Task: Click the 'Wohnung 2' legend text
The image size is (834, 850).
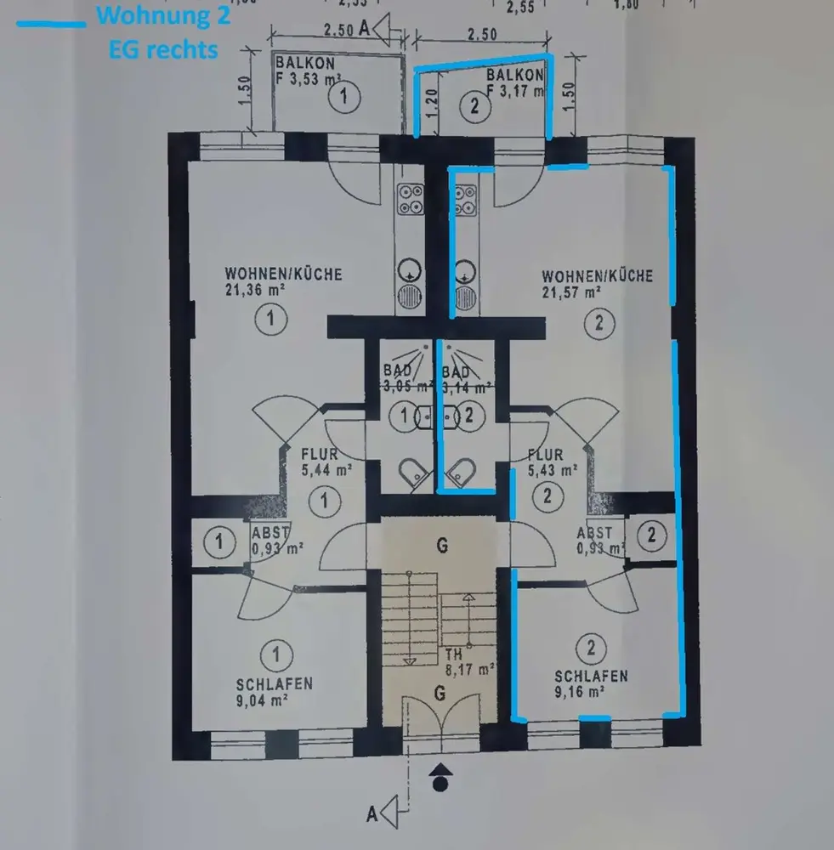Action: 164,15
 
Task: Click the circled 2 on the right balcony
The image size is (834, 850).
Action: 474,106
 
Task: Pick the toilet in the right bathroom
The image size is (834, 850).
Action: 463,471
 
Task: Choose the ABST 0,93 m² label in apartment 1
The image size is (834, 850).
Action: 269,541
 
